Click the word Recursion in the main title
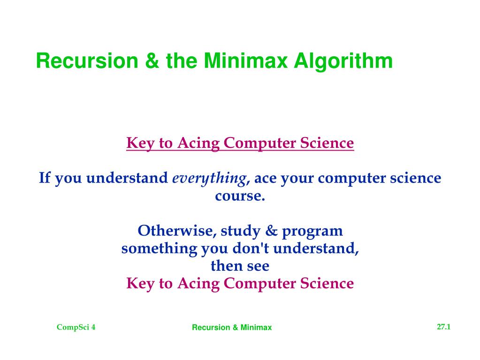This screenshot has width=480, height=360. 87,61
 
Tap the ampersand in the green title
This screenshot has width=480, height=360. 152,61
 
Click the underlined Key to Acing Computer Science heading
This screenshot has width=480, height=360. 240,143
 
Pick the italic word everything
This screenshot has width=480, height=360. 209,178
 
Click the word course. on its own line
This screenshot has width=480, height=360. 240,196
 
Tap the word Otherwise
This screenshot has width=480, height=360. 177,230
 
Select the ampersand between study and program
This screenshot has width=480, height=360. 271,230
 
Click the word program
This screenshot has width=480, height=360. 312,232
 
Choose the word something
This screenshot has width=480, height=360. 159,249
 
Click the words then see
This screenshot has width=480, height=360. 240,266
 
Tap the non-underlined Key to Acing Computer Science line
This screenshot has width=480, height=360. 240,283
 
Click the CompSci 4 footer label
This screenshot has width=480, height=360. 76,327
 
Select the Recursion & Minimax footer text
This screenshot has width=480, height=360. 232,327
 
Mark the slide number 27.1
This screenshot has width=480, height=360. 443,327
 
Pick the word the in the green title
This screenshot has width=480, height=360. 182,61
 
